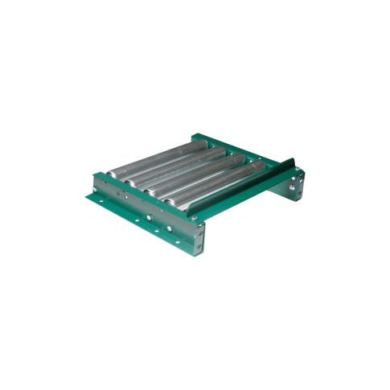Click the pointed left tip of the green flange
coord(87,195)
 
